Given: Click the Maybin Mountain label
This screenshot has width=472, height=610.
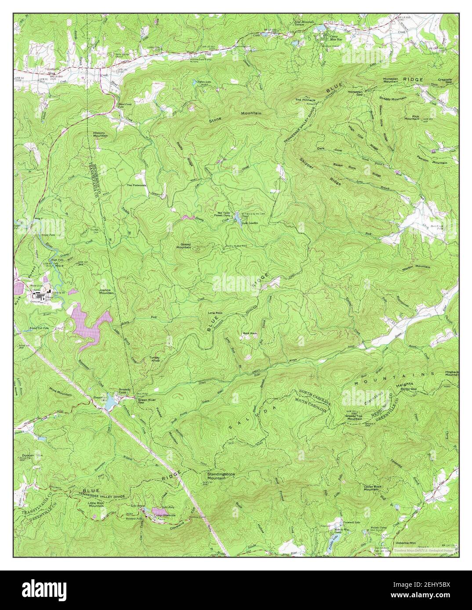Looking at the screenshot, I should pyautogui.click(x=416, y=267).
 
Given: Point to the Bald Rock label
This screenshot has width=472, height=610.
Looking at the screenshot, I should pyautogui.click(x=249, y=334).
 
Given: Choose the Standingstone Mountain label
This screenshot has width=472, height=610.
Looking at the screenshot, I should pyautogui.click(x=222, y=476).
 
